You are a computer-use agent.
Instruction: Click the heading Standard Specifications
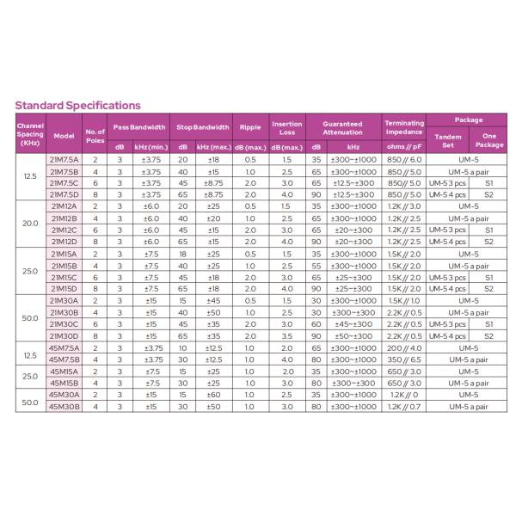pos(77,106)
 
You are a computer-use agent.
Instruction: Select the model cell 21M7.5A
pos(64,160)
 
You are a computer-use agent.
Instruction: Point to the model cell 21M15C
pos(64,277)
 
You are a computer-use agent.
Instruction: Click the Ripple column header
pos(249,127)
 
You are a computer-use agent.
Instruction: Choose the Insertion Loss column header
pos(287,127)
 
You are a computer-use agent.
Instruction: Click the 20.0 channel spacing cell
pos(30,224)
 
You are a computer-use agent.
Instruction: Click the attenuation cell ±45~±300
pos(353,324)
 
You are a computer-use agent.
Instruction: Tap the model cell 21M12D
pos(64,242)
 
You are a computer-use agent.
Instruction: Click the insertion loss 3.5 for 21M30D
pos(287,335)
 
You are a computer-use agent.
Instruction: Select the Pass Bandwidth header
pos(139,127)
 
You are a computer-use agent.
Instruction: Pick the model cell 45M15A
pos(64,371)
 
